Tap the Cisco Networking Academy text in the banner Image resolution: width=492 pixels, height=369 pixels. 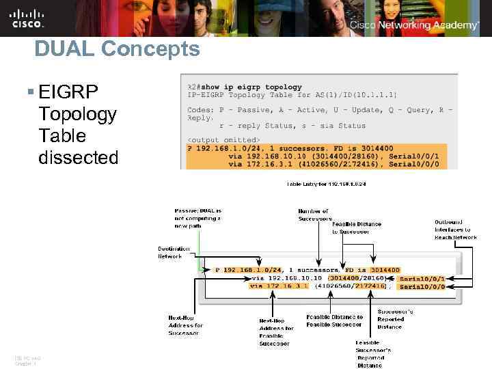pyautogui.click(x=414, y=25)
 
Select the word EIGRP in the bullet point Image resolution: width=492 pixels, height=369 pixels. pyautogui.click(x=69, y=92)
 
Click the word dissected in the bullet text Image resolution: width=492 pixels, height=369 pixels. pyautogui.click(x=79, y=157)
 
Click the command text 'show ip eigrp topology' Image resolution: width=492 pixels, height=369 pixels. pyautogui.click(x=259, y=87)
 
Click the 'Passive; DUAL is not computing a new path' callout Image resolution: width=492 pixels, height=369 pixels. pyautogui.click(x=197, y=218)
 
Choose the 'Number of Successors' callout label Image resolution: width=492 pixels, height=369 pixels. pyautogui.click(x=314, y=215)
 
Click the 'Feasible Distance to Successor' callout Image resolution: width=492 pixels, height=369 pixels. pyautogui.click(x=357, y=228)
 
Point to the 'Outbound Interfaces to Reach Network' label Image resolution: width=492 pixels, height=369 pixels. pyautogui.click(x=456, y=230)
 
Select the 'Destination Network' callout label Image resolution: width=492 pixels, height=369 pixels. pyautogui.click(x=175, y=252)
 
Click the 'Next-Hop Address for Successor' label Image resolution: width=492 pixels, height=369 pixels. pyautogui.click(x=185, y=325)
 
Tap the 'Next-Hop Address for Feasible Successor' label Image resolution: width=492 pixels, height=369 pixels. pyautogui.click(x=277, y=332)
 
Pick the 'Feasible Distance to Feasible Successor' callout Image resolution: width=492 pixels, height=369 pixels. pyautogui.click(x=335, y=320)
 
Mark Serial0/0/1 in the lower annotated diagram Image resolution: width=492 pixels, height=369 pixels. pyautogui.click(x=422, y=278)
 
